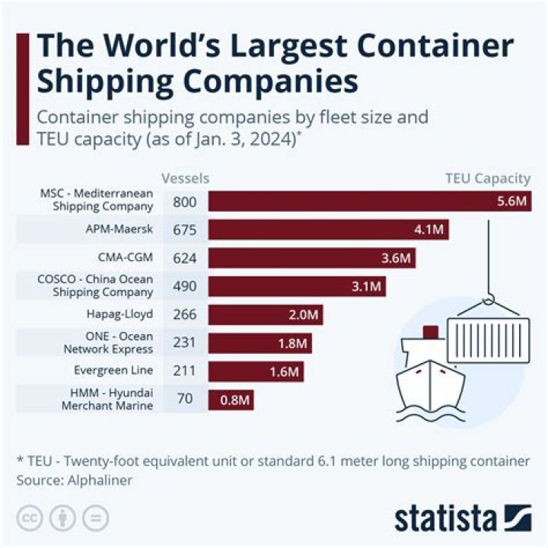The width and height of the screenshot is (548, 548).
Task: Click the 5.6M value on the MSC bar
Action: point(512,202)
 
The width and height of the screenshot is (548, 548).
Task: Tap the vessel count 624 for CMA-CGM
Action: point(184,258)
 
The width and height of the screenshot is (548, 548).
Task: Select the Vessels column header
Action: point(185,179)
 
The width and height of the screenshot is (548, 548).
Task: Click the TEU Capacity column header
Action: point(487,179)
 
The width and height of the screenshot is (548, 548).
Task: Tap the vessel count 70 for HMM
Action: point(184,399)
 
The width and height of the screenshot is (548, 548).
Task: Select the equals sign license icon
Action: point(95,518)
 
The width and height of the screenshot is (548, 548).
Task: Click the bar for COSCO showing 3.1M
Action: point(297,286)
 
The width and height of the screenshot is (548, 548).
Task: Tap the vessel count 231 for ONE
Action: point(184,342)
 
